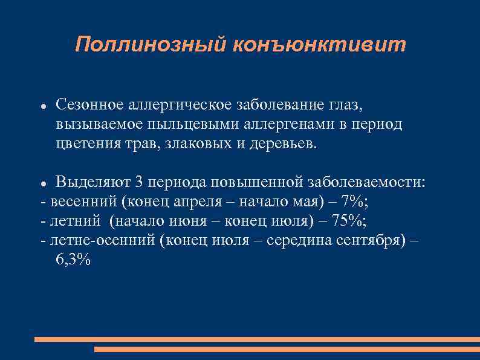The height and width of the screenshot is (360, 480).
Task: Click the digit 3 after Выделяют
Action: coord(139,182)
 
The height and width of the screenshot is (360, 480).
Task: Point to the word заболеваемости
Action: coord(369,182)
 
